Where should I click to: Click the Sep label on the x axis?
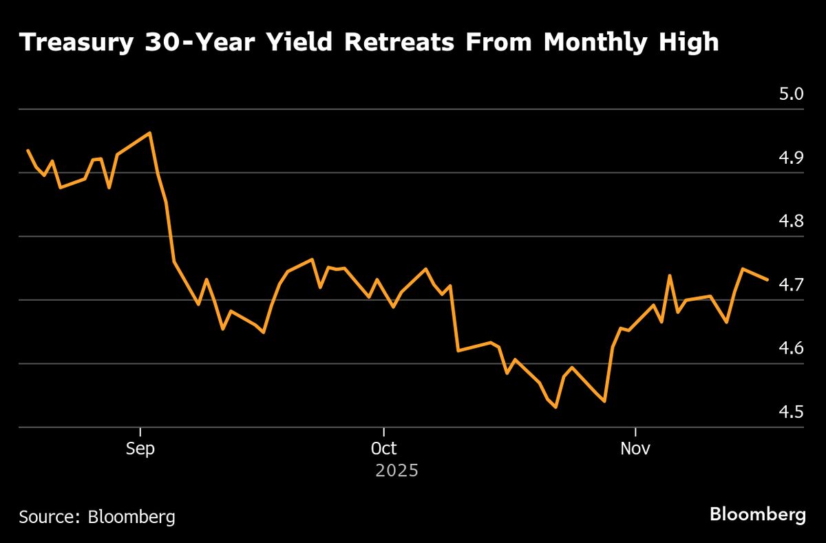(x=140, y=449)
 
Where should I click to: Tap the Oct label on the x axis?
(x=383, y=449)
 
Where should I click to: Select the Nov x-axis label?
(x=635, y=449)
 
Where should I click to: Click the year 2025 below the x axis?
(x=396, y=471)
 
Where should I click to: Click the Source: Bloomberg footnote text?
(x=97, y=517)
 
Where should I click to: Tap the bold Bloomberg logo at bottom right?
(x=757, y=515)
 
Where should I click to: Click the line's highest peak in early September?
(x=150, y=133)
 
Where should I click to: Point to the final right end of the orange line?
(x=767, y=279)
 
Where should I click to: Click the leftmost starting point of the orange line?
(x=28, y=150)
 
